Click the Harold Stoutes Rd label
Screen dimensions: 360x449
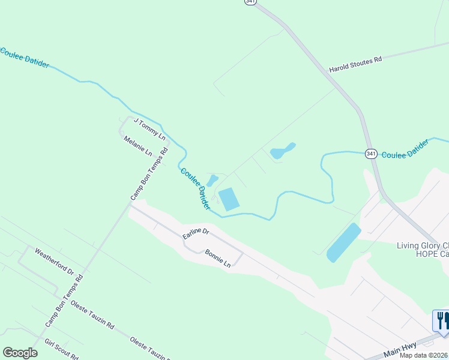click(x=355, y=65)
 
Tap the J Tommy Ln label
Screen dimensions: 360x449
click(x=149, y=129)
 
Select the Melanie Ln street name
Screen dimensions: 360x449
click(x=138, y=146)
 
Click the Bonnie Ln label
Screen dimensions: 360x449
click(x=217, y=259)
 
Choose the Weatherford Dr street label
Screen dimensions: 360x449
click(x=54, y=262)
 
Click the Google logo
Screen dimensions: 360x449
click(x=20, y=353)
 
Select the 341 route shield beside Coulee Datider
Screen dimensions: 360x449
click(x=371, y=154)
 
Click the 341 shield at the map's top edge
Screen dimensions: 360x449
click(x=250, y=2)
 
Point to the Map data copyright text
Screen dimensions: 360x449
click(x=424, y=355)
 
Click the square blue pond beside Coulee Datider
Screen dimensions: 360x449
click(x=228, y=199)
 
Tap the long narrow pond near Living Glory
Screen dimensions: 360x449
click(x=343, y=242)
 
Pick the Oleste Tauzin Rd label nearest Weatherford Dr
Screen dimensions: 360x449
click(x=92, y=315)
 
